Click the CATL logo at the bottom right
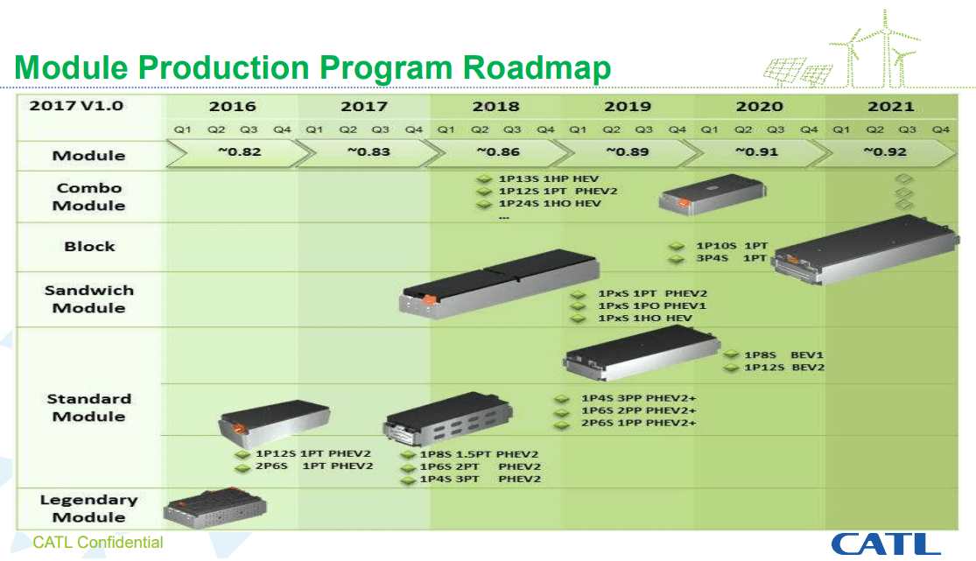[885, 543]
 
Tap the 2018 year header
[495, 107]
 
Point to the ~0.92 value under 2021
[885, 151]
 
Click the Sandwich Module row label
[89, 298]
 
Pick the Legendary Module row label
[89, 508]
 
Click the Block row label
[89, 246]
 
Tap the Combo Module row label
[89, 197]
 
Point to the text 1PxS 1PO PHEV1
[651, 305]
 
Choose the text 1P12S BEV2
[783, 368]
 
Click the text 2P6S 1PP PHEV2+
[638, 424]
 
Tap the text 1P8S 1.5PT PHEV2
[479, 454]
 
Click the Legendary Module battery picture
[215, 508]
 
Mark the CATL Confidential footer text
[98, 543]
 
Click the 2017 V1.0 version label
[76, 106]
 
